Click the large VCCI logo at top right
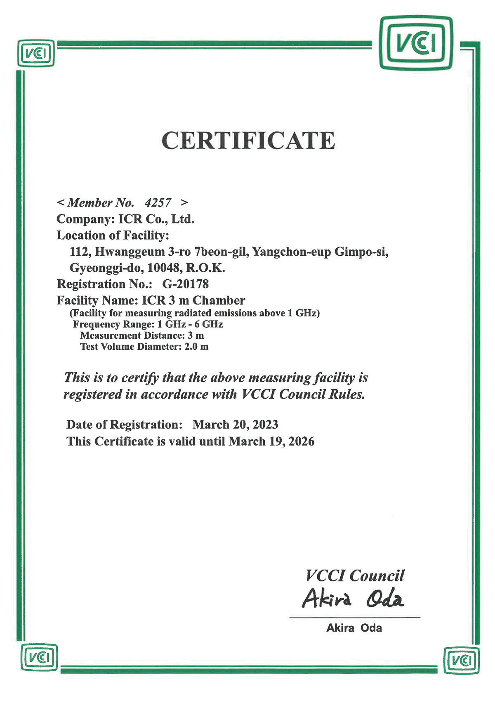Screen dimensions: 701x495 click(415, 43)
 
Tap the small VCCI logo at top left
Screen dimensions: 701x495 click(36, 53)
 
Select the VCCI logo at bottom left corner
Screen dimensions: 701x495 click(39, 657)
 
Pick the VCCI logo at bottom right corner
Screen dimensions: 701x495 click(462, 661)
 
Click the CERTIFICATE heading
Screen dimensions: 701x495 click(248, 140)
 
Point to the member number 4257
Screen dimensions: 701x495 click(158, 202)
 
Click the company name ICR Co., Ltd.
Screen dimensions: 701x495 click(156, 219)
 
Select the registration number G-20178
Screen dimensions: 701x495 click(186, 284)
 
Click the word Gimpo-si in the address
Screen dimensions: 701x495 click(361, 252)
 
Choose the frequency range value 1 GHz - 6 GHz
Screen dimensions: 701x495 click(190, 324)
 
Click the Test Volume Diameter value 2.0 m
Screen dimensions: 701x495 click(196, 347)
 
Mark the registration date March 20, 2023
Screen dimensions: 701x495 click(235, 425)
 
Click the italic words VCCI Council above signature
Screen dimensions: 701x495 click(355, 575)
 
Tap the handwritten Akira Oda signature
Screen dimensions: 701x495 click(353, 599)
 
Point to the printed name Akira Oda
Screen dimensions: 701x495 click(354, 628)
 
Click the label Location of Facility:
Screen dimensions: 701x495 click(113, 235)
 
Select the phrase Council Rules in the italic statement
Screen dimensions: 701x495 click(322, 394)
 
